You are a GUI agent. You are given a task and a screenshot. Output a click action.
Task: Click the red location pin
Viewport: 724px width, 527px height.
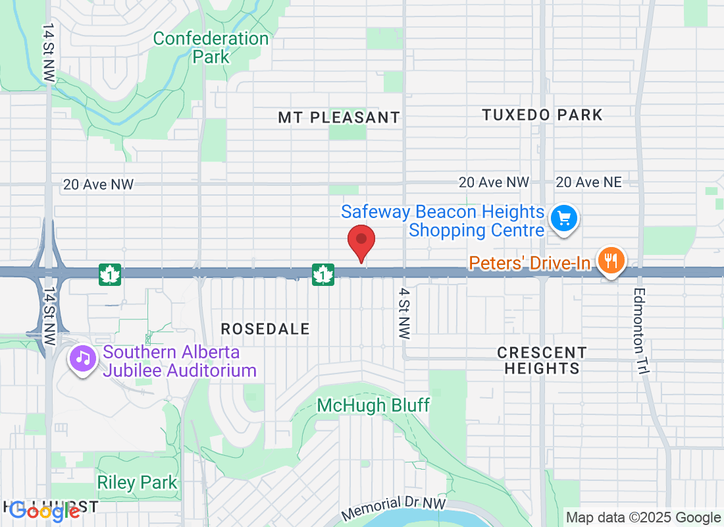point(361,242)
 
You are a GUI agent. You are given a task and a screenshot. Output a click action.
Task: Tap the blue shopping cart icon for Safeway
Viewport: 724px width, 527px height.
point(564,217)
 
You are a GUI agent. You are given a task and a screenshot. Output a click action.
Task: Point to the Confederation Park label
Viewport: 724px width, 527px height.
point(211,47)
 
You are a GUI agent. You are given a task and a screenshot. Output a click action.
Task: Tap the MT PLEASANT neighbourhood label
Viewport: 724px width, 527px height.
point(338,118)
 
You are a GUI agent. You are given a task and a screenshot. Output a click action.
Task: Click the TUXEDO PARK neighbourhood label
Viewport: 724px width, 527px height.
point(542,115)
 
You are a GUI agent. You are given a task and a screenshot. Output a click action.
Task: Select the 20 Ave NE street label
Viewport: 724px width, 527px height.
point(588,182)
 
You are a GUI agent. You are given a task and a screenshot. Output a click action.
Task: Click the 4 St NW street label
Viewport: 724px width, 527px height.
point(404,313)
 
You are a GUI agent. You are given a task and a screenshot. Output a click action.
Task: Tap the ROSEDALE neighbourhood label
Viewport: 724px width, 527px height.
point(265,329)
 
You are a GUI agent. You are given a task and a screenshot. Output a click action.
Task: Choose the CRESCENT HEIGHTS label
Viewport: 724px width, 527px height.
point(542,360)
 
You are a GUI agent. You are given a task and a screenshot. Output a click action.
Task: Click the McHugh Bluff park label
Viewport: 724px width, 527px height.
point(373,405)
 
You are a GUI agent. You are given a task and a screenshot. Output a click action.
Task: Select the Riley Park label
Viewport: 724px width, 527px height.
point(137,482)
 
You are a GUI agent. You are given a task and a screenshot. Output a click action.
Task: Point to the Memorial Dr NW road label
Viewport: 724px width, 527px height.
point(394,508)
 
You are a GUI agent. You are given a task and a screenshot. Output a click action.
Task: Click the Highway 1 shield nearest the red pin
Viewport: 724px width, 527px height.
point(323,273)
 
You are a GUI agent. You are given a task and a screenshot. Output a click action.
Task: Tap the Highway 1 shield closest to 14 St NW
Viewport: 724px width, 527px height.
point(110,274)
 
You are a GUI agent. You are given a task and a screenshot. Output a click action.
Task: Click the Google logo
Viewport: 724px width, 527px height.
point(44,510)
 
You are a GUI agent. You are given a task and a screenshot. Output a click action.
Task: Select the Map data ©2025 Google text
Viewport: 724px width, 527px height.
point(643,518)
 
